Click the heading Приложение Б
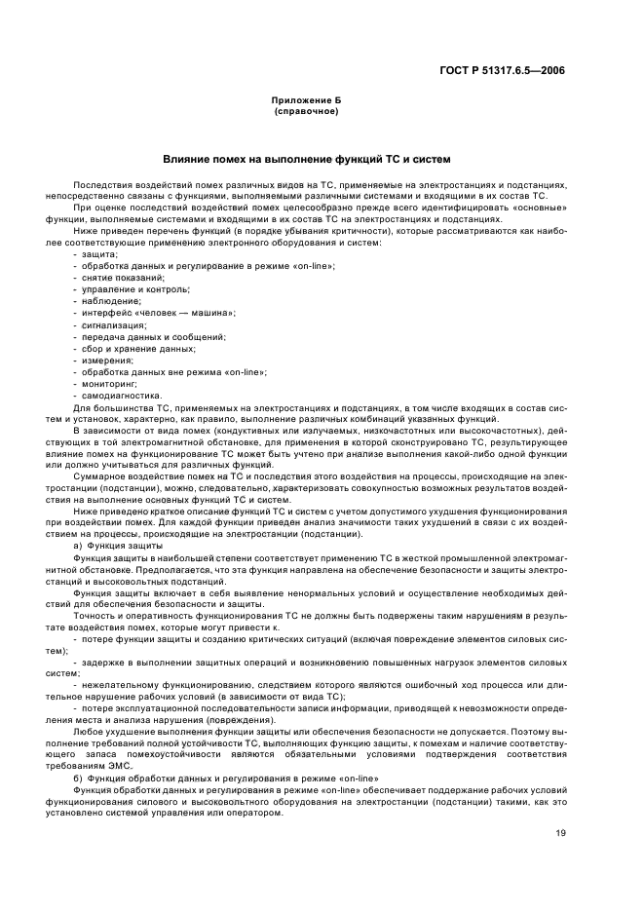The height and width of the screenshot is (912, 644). (306, 101)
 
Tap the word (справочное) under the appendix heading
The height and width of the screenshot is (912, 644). (306, 111)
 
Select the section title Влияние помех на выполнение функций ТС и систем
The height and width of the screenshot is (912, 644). (306, 158)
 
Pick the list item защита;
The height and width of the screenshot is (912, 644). (98, 254)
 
